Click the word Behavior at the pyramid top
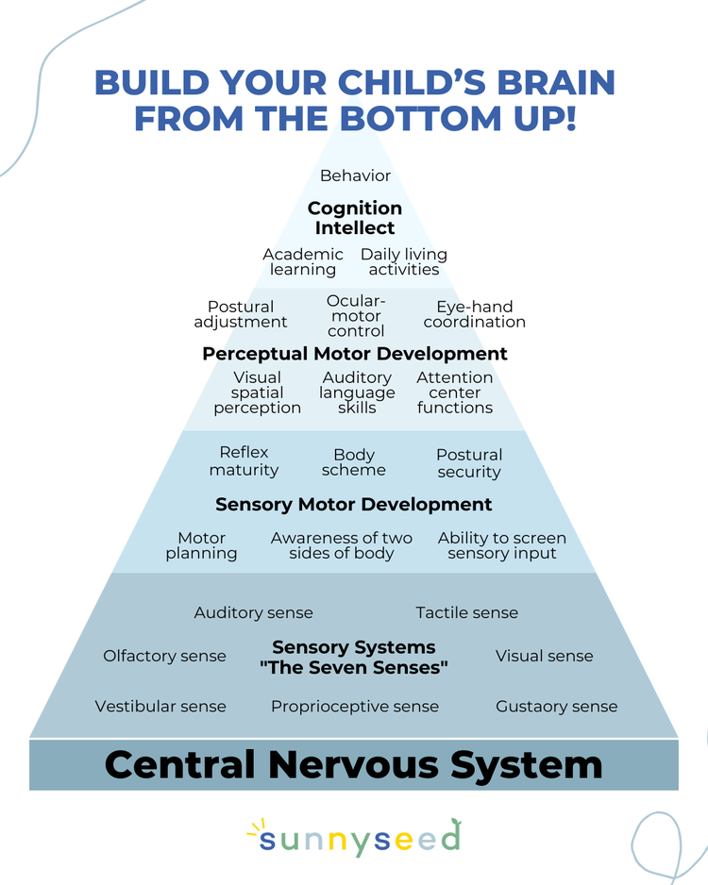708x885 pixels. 355,175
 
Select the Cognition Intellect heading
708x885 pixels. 355,218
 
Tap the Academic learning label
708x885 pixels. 303,262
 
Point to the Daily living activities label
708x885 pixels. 404,262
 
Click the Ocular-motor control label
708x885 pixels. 356,316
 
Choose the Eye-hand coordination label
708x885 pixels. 474,314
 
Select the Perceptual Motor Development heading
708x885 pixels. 355,354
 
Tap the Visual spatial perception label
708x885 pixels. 257,392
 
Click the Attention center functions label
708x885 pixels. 455,392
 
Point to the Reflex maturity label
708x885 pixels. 244,461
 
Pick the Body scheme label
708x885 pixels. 354,462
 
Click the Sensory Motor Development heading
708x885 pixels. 354,505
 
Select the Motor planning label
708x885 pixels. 201,545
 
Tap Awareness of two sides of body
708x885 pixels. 342,545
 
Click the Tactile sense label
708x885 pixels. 466,613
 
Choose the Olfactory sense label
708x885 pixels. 164,657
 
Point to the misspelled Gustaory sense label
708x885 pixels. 556,707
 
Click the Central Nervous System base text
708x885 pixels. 354,764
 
